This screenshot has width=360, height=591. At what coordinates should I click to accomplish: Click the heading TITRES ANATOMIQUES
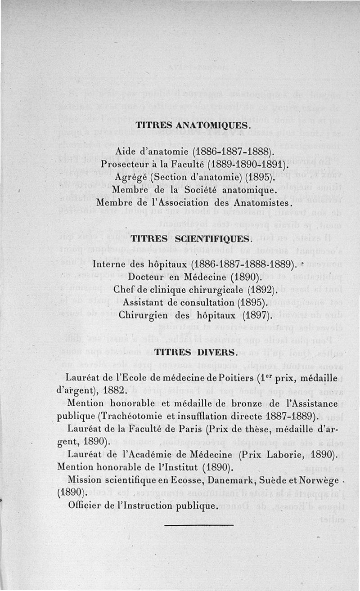[192, 125]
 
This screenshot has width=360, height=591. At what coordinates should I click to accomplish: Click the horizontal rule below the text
[199, 525]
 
